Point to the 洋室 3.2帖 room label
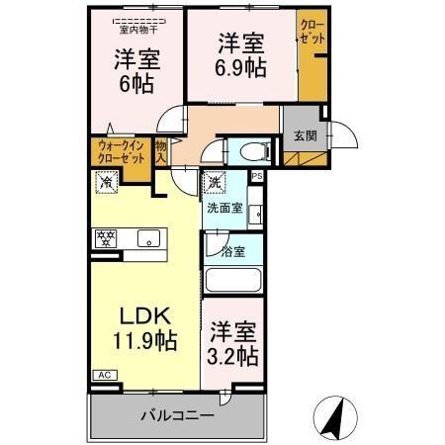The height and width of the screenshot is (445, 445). tap(234, 343)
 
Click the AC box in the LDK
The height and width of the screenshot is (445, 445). tap(103, 376)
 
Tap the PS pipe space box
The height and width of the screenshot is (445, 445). tap(257, 177)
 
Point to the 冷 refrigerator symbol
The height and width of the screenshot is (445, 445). tap(105, 182)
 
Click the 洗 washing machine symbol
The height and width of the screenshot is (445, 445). tap(215, 182)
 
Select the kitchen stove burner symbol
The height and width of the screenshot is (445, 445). tap(105, 237)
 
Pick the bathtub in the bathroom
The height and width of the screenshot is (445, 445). tap(235, 281)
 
